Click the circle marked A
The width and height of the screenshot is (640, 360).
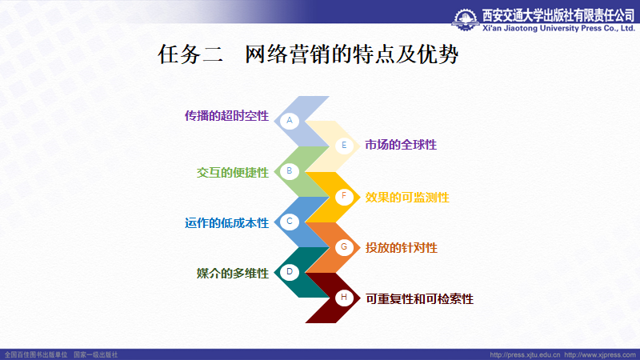tap(290, 121)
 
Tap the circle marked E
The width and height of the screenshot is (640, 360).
tap(344, 146)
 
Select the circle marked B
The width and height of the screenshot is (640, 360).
tap(290, 171)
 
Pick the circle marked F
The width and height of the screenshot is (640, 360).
tap(344, 196)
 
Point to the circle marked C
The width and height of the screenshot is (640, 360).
tap(290, 222)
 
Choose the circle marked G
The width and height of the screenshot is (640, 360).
tap(344, 247)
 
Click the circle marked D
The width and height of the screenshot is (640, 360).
tap(290, 272)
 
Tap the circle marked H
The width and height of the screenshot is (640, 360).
tap(344, 297)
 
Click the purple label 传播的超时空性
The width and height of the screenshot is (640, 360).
tap(226, 116)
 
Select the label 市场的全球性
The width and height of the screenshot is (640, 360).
tap(401, 145)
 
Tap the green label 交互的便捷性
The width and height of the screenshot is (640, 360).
tap(233, 173)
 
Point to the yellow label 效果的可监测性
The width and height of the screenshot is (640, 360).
tap(407, 198)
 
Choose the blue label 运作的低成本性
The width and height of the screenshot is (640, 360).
tap(226, 223)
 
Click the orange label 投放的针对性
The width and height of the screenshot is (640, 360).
tap(402, 248)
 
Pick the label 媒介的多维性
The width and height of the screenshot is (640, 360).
tap(233, 273)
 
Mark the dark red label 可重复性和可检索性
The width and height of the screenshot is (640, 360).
tap(419, 299)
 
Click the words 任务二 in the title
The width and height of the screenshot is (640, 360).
tap(190, 54)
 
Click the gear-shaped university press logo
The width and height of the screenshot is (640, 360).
tap(466, 19)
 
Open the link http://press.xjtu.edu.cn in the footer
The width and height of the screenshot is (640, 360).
tap(525, 354)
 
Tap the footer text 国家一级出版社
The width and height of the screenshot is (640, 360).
tap(95, 354)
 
